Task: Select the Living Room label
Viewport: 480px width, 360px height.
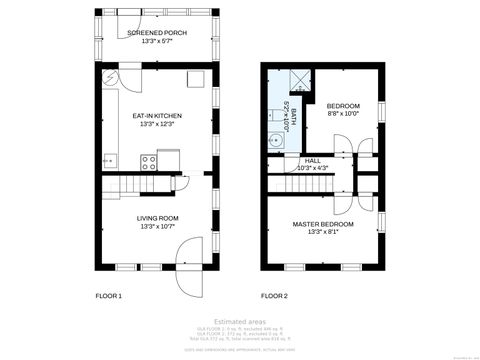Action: (x=157, y=217)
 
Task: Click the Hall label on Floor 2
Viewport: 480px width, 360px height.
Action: (x=313, y=160)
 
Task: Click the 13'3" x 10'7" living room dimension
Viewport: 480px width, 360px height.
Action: (x=157, y=225)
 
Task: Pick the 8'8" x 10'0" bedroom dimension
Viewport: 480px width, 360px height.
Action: (x=343, y=113)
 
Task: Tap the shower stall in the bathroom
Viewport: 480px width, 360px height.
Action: (x=300, y=81)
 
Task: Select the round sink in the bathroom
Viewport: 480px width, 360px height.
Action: (x=273, y=141)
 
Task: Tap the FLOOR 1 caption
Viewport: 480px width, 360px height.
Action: (x=108, y=296)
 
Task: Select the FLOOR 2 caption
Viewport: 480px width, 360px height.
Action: (x=274, y=296)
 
